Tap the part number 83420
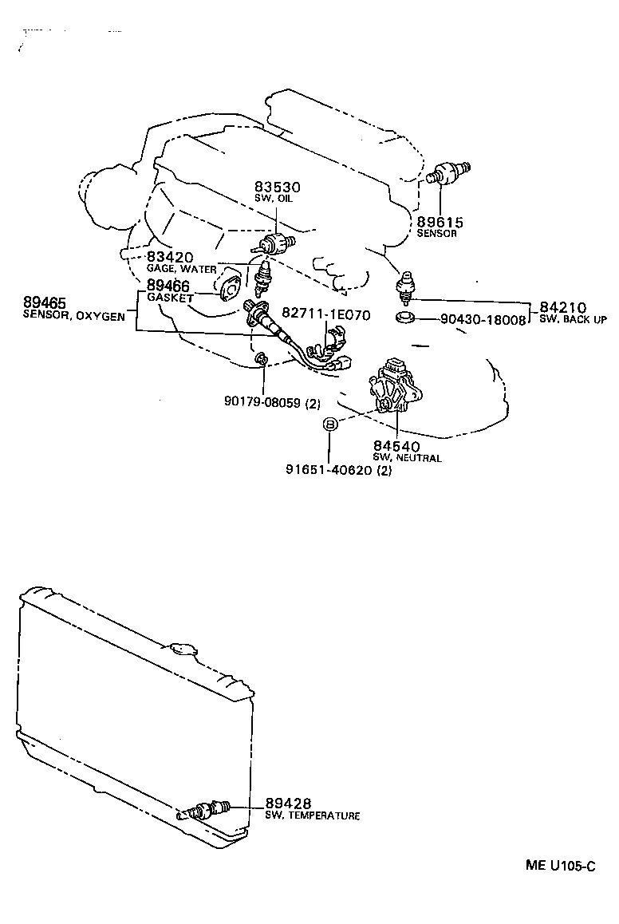pyautogui.click(x=170, y=257)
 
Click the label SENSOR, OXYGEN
pyautogui.click(x=73, y=317)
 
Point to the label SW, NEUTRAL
pyautogui.click(x=407, y=458)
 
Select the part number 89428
pyautogui.click(x=288, y=803)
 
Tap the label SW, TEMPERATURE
pyautogui.click(x=312, y=815)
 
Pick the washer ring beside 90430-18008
pyautogui.click(x=406, y=319)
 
